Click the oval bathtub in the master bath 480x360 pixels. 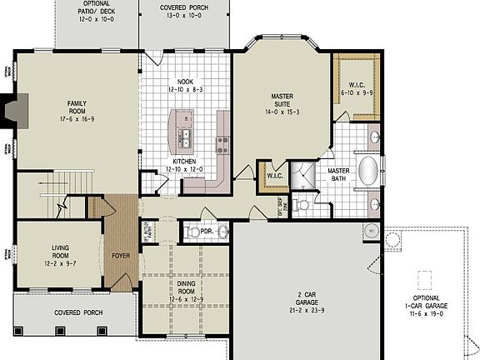[367, 172]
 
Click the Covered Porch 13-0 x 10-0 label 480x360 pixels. [184, 11]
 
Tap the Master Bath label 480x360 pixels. [338, 152]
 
